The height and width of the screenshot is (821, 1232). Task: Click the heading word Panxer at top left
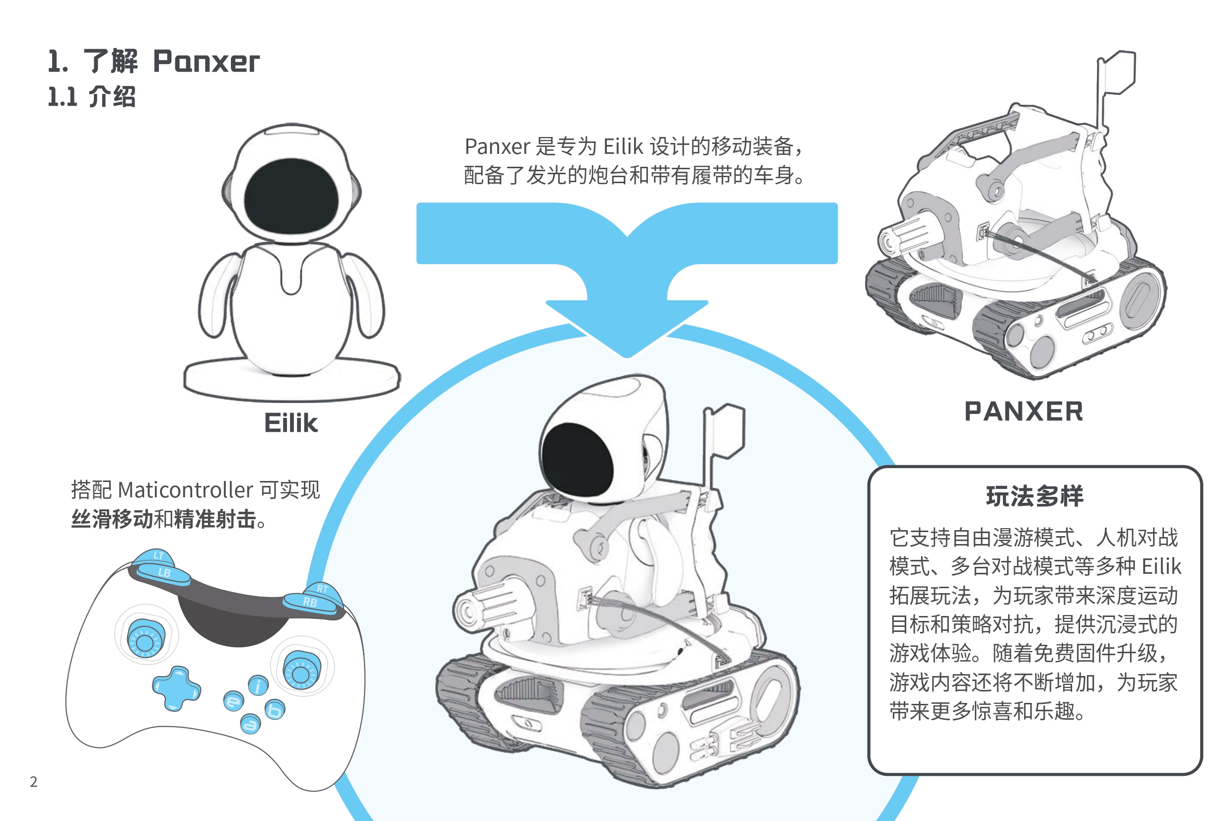(x=206, y=62)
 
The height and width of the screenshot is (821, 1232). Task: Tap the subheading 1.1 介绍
(x=92, y=97)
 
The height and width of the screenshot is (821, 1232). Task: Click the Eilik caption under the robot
(x=290, y=423)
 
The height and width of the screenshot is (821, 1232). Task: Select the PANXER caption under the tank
(x=1023, y=411)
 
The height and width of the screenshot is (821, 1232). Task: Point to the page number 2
(x=34, y=782)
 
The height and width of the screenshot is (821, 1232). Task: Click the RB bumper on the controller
(x=310, y=603)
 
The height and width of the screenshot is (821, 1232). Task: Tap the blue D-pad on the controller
(x=176, y=688)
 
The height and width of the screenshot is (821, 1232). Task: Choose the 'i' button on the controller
(x=258, y=685)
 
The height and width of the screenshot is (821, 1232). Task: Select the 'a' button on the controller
(x=250, y=724)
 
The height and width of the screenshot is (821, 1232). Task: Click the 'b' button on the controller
(x=275, y=710)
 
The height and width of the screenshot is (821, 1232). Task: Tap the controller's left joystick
(x=145, y=638)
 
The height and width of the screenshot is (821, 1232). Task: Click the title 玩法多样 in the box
(x=1034, y=496)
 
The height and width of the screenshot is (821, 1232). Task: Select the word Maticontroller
(x=186, y=490)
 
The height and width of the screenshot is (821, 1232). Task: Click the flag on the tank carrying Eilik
(x=726, y=430)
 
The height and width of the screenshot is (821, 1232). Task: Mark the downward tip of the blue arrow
(x=627, y=357)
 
